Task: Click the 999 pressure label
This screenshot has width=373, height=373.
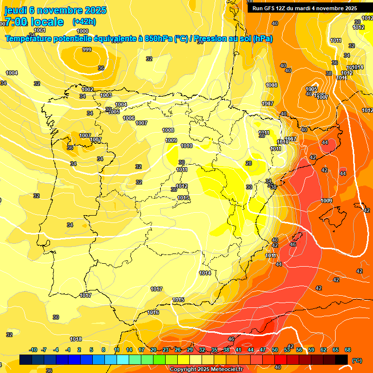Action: click(87, 50)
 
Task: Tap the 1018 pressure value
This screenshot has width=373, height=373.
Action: click(75, 339)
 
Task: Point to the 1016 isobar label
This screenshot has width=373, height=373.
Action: click(153, 312)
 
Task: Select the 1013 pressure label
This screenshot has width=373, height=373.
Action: click(183, 198)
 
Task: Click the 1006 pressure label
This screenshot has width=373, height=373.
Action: click(129, 118)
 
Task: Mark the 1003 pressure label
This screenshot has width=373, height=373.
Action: click(106, 95)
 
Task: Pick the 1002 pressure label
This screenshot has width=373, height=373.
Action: click(87, 89)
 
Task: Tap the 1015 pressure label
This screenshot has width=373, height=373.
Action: click(178, 300)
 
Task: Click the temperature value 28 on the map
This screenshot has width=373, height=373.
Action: click(249, 163)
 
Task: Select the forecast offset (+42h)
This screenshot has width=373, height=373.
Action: click(84, 21)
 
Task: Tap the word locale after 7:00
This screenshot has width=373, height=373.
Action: click(47, 22)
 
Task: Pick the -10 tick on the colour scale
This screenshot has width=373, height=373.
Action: click(33, 350)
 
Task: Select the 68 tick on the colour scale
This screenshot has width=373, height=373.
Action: click(348, 350)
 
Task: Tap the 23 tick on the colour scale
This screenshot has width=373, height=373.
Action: click(166, 350)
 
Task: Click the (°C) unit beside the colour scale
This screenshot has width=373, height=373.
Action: click(357, 360)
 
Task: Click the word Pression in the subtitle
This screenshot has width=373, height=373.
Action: click(213, 39)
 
